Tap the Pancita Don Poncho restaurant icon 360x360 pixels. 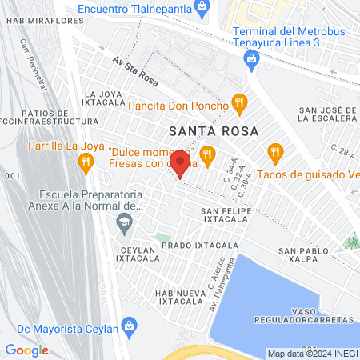238,102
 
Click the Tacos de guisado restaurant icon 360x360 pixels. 276,151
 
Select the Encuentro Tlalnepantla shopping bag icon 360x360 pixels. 202,8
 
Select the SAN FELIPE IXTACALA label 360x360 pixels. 228,213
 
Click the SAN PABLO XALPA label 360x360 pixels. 305,255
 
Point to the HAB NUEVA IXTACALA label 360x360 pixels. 180,297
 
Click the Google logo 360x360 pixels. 27,350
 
